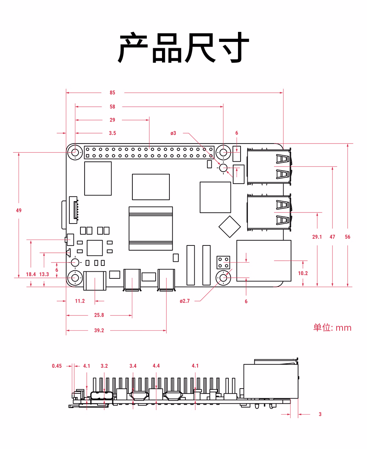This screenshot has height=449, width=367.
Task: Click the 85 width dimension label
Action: click(112, 93)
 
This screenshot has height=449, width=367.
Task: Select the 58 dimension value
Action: click(112, 107)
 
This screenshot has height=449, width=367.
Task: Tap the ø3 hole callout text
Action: click(173, 133)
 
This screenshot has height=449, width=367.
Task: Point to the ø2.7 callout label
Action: click(184, 301)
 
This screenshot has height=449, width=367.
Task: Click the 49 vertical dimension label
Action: click(19, 210)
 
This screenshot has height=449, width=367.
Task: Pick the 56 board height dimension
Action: click(347, 237)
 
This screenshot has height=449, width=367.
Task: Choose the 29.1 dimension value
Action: click(317, 237)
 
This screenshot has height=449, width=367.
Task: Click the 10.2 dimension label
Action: click(303, 273)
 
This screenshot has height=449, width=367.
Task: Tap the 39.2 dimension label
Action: click(99, 330)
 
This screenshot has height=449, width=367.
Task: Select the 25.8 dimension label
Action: click(99, 315)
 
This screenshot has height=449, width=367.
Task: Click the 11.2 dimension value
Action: click(80, 301)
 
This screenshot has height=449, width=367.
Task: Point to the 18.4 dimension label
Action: click(31, 274)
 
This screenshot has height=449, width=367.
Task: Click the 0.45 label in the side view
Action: click(57, 366)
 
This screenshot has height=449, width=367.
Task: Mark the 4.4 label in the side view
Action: click(156, 366)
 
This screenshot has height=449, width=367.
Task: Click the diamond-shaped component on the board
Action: click(230, 227)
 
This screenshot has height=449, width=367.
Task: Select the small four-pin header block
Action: click(223, 263)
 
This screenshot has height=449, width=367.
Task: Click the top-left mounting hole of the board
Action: click(75, 152)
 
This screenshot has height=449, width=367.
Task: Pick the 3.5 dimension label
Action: click(112, 133)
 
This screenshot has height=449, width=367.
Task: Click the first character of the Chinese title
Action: click(133, 47)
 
